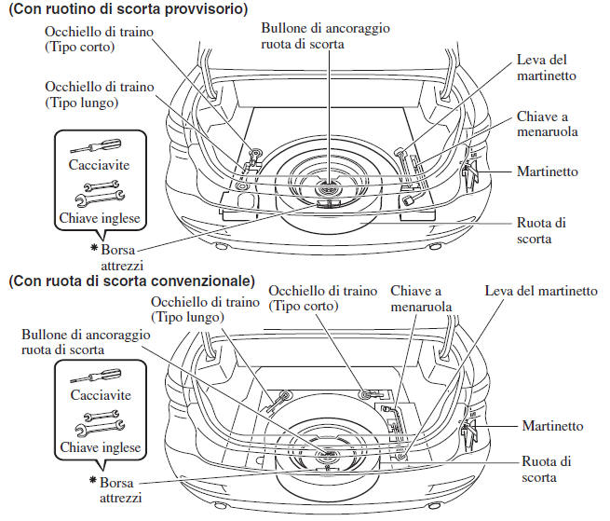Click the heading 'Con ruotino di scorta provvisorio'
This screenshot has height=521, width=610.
pos(127,10)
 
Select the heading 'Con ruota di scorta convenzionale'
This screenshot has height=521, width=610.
pos(130,280)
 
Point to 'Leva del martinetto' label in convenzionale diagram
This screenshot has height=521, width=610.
pos(541,291)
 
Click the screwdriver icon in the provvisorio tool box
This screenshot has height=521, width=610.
pos(97,147)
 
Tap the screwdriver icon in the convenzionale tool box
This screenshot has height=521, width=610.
pos(97,376)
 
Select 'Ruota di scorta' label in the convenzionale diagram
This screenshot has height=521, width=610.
pos(547,469)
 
